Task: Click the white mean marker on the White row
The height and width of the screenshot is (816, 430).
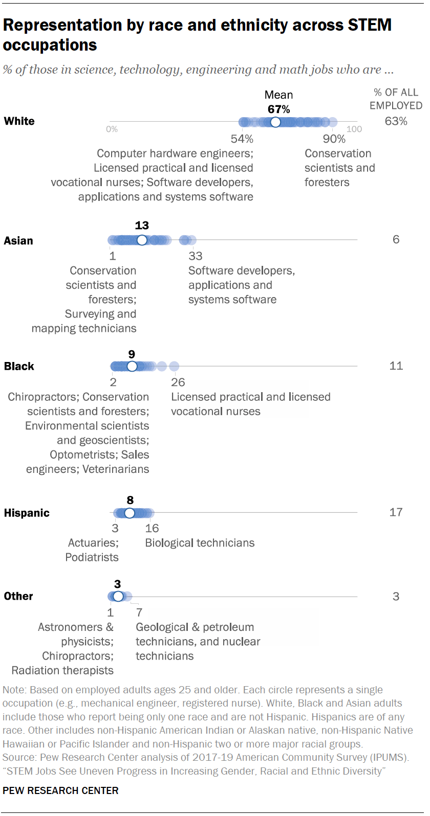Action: [275, 122]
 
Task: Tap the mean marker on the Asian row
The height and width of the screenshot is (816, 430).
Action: [142, 240]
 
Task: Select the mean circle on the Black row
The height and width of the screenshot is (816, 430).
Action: [132, 367]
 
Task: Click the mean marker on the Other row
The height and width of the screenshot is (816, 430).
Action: [118, 596]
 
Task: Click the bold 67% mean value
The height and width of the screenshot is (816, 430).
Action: [278, 109]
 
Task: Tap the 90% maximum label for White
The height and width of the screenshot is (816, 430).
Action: [334, 139]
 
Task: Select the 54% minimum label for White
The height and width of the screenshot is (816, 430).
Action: [242, 139]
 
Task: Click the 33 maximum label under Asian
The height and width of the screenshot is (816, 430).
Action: [196, 256]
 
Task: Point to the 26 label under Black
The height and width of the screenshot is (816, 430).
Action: [178, 382]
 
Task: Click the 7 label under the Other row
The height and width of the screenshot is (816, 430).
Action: [139, 612]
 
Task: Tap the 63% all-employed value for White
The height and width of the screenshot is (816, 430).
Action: [396, 121]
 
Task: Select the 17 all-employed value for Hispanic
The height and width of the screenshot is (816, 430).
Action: [396, 512]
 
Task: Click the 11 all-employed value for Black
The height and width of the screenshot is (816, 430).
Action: [396, 366]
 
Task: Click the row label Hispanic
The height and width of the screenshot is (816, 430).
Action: [27, 513]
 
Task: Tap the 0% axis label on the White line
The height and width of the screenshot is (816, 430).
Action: [112, 129]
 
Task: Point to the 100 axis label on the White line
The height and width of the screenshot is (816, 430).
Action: [354, 129]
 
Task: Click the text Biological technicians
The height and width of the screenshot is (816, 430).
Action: [200, 543]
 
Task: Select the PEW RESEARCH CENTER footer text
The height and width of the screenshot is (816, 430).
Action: [60, 790]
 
